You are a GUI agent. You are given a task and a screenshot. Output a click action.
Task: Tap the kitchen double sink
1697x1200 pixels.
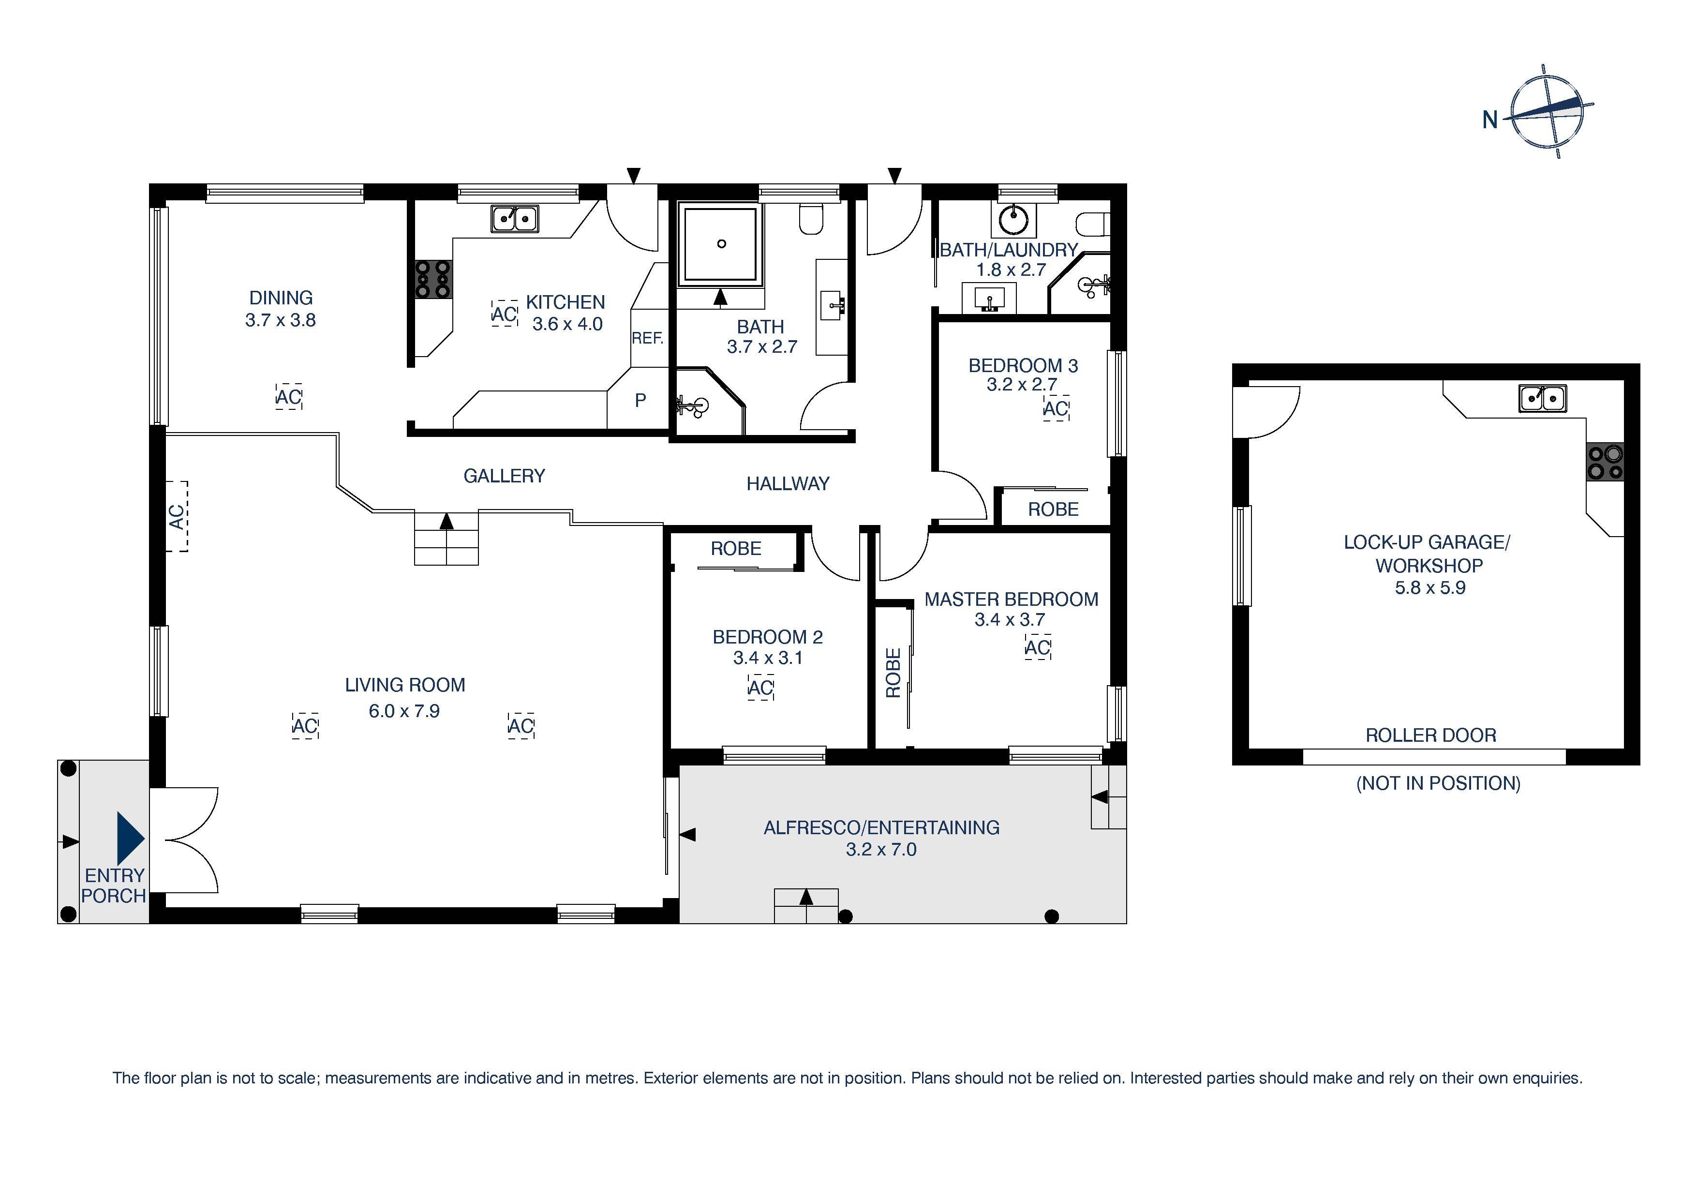(514, 219)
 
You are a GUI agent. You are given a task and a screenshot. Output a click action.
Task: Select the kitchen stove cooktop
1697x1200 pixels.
(433, 279)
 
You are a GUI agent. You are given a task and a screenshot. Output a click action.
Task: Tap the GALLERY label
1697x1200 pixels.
(504, 476)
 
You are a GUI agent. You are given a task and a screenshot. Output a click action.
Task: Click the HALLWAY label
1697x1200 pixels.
(788, 483)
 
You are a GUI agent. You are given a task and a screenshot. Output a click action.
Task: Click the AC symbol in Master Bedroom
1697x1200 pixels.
(1038, 648)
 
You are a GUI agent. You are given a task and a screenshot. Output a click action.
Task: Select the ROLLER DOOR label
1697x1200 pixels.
(1430, 735)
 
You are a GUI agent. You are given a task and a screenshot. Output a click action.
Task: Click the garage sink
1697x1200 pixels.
(1543, 399)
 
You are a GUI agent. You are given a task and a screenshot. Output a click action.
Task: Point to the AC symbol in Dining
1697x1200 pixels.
(288, 397)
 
